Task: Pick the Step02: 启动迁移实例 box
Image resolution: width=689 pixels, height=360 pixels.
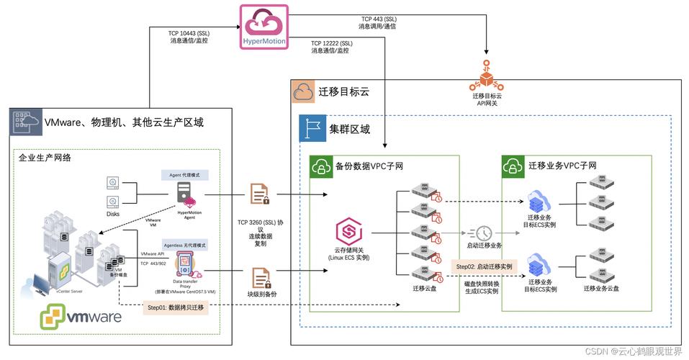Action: [484, 266]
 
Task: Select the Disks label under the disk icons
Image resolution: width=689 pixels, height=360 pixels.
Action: [113, 214]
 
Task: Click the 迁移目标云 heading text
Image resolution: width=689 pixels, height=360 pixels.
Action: [343, 92]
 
